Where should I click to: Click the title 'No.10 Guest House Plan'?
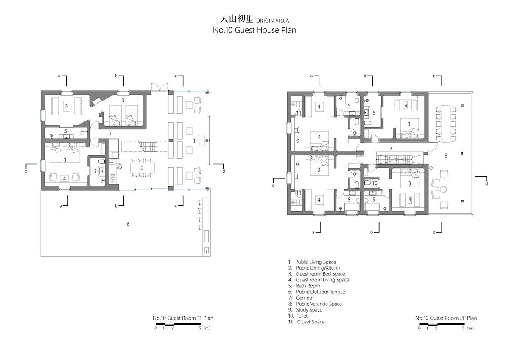254,30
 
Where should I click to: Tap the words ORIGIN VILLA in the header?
272,21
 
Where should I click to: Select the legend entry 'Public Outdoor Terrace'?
320,292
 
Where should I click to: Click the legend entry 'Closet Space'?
310,322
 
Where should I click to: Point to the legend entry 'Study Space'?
309,310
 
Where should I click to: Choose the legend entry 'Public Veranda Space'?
319,304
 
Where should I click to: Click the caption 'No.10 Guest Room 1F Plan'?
183,318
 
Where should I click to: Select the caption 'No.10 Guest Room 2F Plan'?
446,318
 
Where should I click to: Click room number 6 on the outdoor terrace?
128,224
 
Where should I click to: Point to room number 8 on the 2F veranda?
446,155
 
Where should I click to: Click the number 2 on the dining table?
142,168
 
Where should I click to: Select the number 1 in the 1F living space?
194,141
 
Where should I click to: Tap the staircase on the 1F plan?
148,147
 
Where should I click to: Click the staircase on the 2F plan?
400,158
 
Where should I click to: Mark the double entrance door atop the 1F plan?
159,87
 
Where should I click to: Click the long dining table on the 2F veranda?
446,124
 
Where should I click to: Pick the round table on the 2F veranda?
443,189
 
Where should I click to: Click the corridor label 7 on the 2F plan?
391,148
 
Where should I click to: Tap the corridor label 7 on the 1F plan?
110,134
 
